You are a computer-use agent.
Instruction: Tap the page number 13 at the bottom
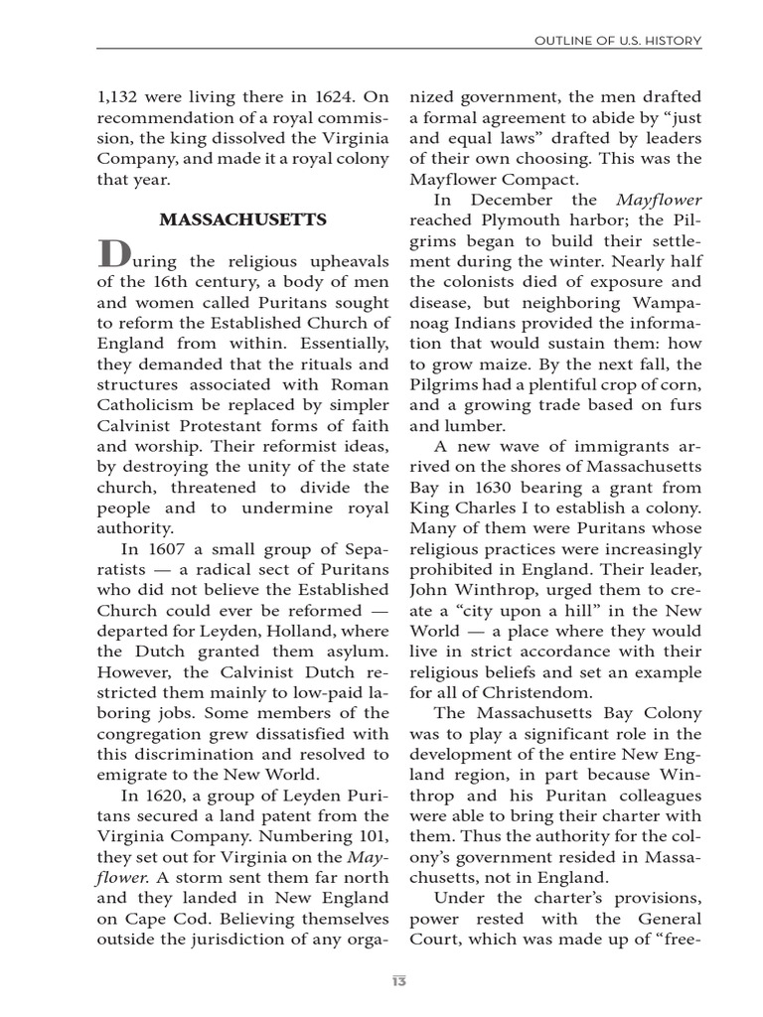pos(398,981)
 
